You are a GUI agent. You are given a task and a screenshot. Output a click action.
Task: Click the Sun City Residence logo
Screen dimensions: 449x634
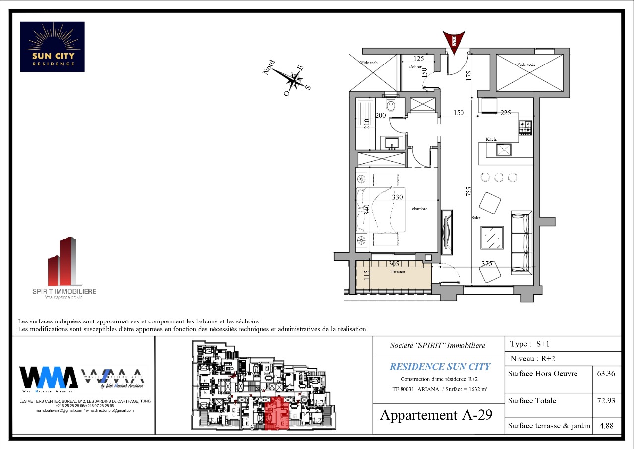click(x=52, y=47)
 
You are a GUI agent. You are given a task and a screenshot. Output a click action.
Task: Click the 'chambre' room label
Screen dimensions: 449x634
click(x=419, y=209)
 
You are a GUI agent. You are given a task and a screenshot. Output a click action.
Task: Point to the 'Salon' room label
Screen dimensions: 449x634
click(x=477, y=218)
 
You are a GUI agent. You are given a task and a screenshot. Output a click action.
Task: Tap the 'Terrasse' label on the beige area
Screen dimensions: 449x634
click(x=398, y=272)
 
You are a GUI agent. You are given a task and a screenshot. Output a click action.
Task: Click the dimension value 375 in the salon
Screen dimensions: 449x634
click(x=486, y=264)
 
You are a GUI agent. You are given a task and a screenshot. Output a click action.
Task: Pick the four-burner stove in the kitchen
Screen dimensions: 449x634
click(x=525, y=128)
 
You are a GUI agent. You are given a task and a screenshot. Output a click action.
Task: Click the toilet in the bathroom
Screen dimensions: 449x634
click(x=391, y=106)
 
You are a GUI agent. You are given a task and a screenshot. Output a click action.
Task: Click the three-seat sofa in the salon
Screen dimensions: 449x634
click(x=521, y=242)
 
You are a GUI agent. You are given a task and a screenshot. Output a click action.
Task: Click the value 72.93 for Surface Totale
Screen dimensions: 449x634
click(x=606, y=400)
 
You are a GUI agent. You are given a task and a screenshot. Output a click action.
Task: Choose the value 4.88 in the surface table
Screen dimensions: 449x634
click(x=606, y=425)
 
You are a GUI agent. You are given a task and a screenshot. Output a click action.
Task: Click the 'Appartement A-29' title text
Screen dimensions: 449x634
click(x=436, y=415)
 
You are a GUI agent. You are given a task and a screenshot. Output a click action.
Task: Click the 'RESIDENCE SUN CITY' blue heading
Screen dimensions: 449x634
click(x=440, y=367)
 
